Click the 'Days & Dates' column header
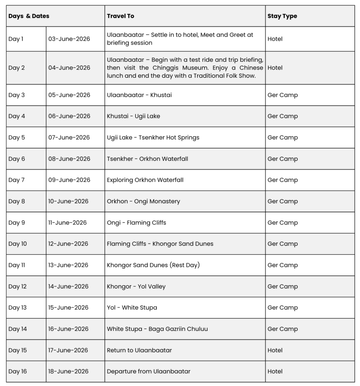tap(29, 16)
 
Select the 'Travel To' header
tap(121, 16)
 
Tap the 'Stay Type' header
tap(282, 16)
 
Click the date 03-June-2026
tap(69, 39)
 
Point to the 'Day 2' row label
tap(17, 68)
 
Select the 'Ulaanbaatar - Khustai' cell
tap(139, 95)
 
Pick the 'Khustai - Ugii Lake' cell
tap(133, 116)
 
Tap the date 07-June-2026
tap(69, 138)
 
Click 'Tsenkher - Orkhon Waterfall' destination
tap(147, 159)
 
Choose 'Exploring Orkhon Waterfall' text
tap(145, 180)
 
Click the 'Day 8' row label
tap(17, 201)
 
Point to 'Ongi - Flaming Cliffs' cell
tap(136, 223)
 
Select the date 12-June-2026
tap(68, 244)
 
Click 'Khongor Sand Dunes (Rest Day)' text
tap(153, 265)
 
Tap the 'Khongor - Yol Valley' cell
tap(136, 286)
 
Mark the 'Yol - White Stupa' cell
tap(132, 308)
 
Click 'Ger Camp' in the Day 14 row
tap(282, 329)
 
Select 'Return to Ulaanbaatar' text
tap(139, 350)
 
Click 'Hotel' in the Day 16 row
tap(275, 371)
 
